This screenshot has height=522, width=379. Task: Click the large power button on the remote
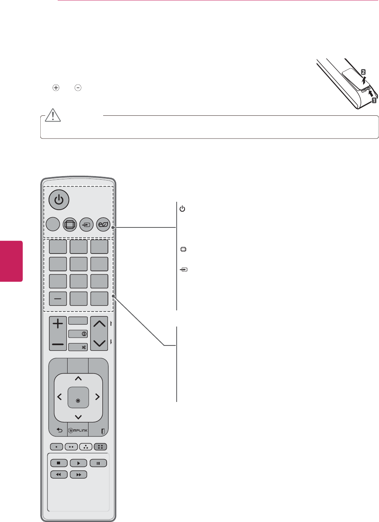pos(59,200)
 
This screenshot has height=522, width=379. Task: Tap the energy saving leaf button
pos(103,225)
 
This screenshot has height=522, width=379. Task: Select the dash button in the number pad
pos(58,299)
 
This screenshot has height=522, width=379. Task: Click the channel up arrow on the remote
pos(99,324)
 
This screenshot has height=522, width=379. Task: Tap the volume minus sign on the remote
pos(58,344)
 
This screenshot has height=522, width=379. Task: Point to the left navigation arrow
pos(60,397)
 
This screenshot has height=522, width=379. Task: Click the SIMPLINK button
pos(78,430)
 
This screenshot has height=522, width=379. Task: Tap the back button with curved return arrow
pos(59,430)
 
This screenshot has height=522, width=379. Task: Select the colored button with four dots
pos(100,447)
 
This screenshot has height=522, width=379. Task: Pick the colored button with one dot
pos(57,447)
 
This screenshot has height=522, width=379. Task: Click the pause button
pos(98,463)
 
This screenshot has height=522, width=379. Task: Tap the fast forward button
pos(78,475)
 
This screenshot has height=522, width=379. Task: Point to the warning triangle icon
pos(53,115)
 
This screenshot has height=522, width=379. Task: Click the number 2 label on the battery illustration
pos(363,72)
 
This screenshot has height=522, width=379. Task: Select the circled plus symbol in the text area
pos(56,88)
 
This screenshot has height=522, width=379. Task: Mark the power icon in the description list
pos(183,208)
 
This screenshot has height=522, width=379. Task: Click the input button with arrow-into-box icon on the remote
pos(86,225)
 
